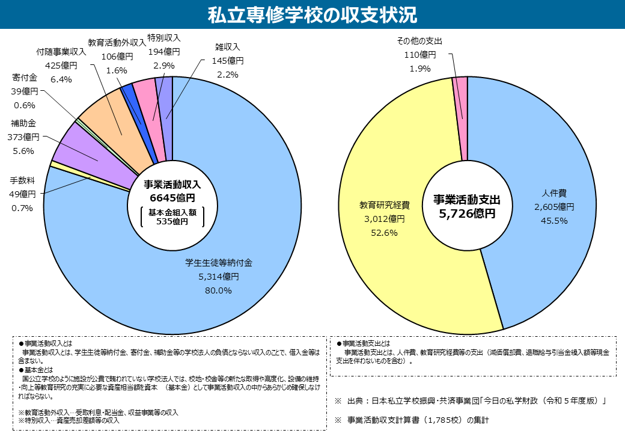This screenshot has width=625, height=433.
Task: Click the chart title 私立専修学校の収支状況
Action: pos(312,14)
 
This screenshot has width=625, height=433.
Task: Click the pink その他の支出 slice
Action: pos(460,96)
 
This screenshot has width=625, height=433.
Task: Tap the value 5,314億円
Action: pos(219,277)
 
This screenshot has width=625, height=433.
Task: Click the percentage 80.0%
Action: pos(219,290)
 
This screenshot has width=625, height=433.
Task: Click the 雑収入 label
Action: pos(227,47)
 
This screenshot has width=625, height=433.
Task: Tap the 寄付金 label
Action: pos(25,78)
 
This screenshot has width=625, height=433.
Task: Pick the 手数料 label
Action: pos(23,180)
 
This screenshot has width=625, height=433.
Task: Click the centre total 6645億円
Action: pos(172,198)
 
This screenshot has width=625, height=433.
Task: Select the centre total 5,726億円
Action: pos(467,213)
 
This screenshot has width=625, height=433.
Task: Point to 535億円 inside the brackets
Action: pos(172,221)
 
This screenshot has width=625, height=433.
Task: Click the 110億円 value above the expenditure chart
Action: pos(420,55)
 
